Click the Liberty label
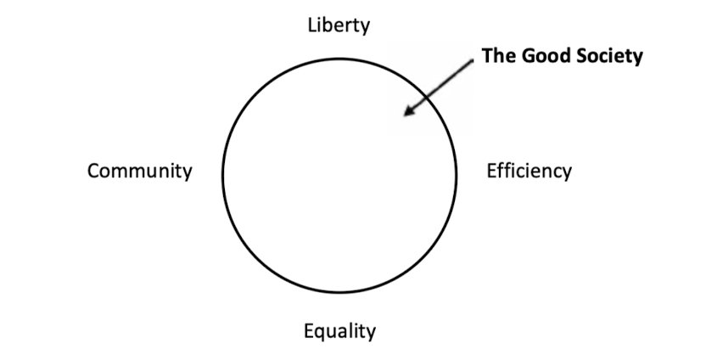[339, 25]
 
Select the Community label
[140, 171]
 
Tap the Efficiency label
[529, 171]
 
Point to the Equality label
[339, 330]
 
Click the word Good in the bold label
[535, 56]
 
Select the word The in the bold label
[496, 56]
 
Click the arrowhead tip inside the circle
[405, 114]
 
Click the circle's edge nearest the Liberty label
[339, 55]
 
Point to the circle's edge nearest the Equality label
[339, 292]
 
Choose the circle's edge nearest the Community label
[222, 173]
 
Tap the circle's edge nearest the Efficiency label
[457, 173]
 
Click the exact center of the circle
[339, 173]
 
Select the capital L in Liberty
[312, 25]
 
